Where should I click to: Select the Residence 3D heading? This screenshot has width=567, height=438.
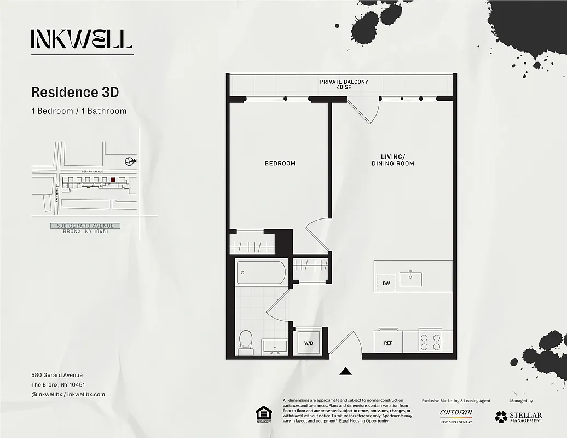click(75, 91)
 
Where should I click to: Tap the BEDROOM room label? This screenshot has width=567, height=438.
click(280, 163)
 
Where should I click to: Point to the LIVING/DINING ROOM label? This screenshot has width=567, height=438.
click(392, 160)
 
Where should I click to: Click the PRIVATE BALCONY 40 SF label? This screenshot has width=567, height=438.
click(344, 85)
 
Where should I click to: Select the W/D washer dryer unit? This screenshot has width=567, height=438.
click(309, 343)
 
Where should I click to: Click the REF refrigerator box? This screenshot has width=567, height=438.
click(388, 343)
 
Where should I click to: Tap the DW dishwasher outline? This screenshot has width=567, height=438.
click(386, 283)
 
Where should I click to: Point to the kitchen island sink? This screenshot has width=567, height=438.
click(410, 278)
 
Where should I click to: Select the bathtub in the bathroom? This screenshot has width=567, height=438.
click(261, 272)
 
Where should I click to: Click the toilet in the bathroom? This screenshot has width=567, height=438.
click(245, 342)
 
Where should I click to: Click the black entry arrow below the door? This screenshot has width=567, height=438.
click(345, 372)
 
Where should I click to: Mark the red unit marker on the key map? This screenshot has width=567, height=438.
click(113, 180)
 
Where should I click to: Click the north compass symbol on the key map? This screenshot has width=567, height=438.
click(130, 161)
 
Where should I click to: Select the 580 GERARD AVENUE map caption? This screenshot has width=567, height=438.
click(85, 226)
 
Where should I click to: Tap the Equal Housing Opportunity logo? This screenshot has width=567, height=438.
click(263, 414)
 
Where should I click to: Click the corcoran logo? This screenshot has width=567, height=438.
click(455, 414)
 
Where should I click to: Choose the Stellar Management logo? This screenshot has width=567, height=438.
click(518, 417)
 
